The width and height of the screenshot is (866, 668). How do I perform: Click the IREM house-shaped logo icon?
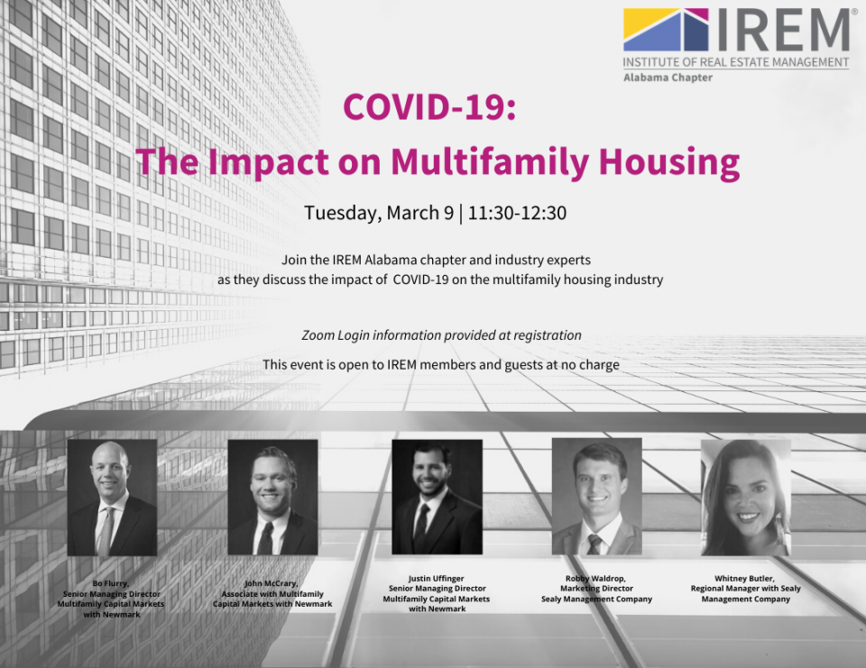click(x=666, y=30)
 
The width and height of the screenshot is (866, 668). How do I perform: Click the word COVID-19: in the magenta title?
click(x=429, y=106)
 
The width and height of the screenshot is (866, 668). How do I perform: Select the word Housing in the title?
click(x=669, y=163)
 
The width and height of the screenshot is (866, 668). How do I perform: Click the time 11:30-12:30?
click(x=517, y=213)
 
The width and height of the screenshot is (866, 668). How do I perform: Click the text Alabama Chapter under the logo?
click(x=668, y=78)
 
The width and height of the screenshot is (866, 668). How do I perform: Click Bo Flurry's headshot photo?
click(x=112, y=498)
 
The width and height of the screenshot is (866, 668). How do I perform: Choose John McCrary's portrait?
click(x=272, y=498)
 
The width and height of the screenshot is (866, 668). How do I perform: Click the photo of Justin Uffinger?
click(x=437, y=497)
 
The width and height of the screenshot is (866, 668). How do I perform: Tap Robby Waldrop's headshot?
click(x=597, y=497)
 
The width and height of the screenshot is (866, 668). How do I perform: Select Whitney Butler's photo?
click(x=746, y=498)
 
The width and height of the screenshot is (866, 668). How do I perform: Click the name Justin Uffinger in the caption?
click(x=436, y=579)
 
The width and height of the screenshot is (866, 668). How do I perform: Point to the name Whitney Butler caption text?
click(x=744, y=579)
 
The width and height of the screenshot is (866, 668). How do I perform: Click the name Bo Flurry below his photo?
click(x=110, y=583)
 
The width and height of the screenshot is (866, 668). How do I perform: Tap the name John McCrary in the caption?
click(x=272, y=583)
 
